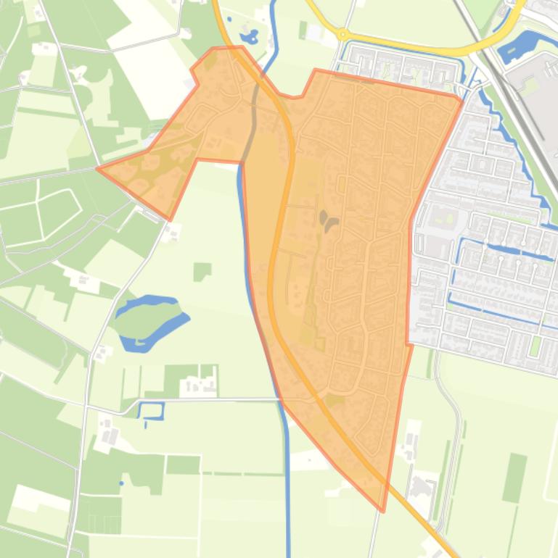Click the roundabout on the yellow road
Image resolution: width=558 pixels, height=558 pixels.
(x=342, y=34)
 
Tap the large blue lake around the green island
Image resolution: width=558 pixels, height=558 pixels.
(x=175, y=320)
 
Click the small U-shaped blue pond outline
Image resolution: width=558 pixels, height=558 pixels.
(x=151, y=411)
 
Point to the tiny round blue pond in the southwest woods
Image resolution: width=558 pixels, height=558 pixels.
(x=122, y=483)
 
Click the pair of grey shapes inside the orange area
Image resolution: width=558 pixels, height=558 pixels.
(x=327, y=220)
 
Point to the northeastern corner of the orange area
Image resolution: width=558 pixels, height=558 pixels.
(x=461, y=97)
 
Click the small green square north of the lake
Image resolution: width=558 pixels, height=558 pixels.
(x=202, y=272)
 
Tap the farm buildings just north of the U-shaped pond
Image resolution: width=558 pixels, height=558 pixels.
(x=198, y=384)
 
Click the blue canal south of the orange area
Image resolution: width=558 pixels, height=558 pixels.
(x=288, y=493)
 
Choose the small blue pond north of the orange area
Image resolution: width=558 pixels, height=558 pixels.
(x=249, y=36)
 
